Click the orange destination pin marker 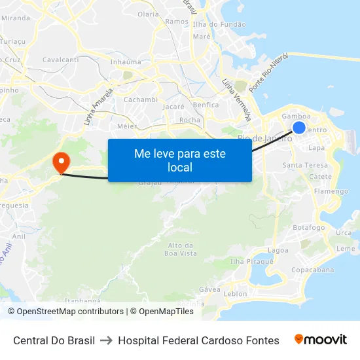pyautogui.click(x=60, y=162)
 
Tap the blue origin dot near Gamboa pyautogui.click(x=299, y=128)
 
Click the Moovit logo pyautogui.click(x=320, y=340)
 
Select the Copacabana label pyautogui.click(x=312, y=270)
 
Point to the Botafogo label pyautogui.click(x=309, y=228)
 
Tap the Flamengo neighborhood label pyautogui.click(x=331, y=192)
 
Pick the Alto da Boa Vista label pyautogui.click(x=181, y=249)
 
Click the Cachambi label pyautogui.click(x=141, y=99)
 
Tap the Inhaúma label pyautogui.click(x=126, y=62)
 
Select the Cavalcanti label pyautogui.click(x=60, y=60)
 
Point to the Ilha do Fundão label pyautogui.click(x=219, y=24)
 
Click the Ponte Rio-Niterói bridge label pyautogui.click(x=269, y=73)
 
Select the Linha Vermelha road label pyautogui.click(x=237, y=101)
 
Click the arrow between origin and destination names pyautogui.click(x=107, y=340)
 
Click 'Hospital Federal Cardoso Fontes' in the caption pyautogui.click(x=198, y=340)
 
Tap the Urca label pyautogui.click(x=344, y=233)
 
